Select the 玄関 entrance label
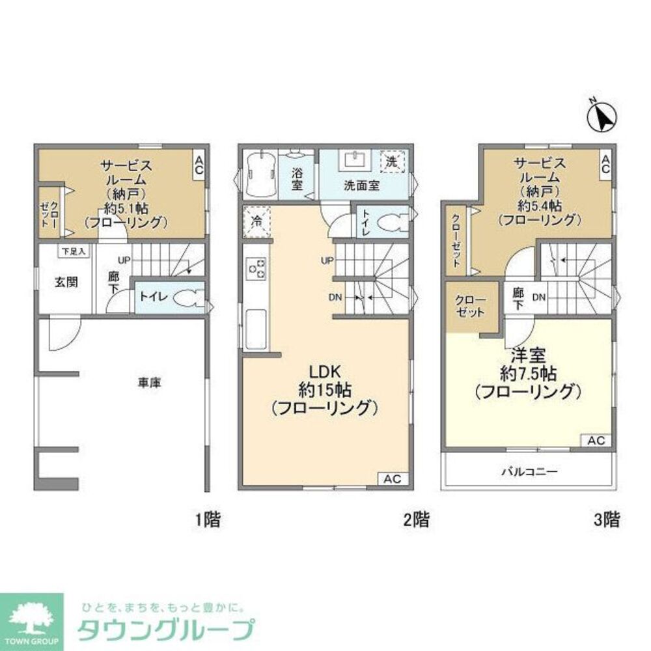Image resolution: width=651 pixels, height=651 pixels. [65, 283]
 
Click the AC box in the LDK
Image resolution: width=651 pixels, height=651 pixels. [392, 478]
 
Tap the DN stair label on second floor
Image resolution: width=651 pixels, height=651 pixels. [335, 298]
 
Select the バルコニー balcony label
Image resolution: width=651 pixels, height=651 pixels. [529, 471]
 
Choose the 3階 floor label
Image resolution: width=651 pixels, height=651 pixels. [605, 519]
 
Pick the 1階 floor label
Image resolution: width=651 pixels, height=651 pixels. [208, 519]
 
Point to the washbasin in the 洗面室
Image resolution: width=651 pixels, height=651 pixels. [355, 159]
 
